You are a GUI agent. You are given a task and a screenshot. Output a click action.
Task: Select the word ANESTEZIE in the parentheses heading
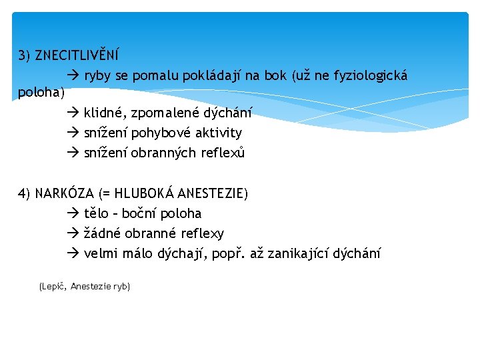[212, 194]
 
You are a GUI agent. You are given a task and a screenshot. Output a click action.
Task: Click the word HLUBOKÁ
[144, 194]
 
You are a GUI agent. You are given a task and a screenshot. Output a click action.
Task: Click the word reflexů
[223, 153]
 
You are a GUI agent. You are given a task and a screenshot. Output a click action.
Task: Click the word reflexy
[201, 233]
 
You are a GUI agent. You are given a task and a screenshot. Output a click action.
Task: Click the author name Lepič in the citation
[53, 286]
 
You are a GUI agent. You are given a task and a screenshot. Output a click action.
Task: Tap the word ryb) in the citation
[121, 286]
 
